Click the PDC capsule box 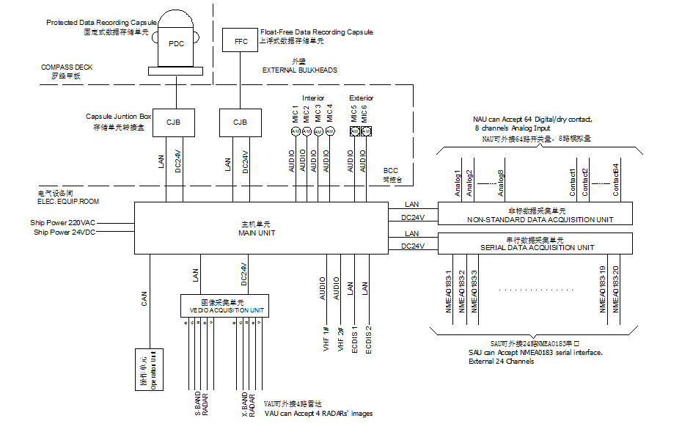point(176,43)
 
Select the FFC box point(241,41)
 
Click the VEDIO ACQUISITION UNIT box point(225,305)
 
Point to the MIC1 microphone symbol point(296,131)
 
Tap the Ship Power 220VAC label point(63,222)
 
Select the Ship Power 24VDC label point(65,232)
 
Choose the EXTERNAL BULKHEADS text point(300,70)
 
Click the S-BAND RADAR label point(201,404)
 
